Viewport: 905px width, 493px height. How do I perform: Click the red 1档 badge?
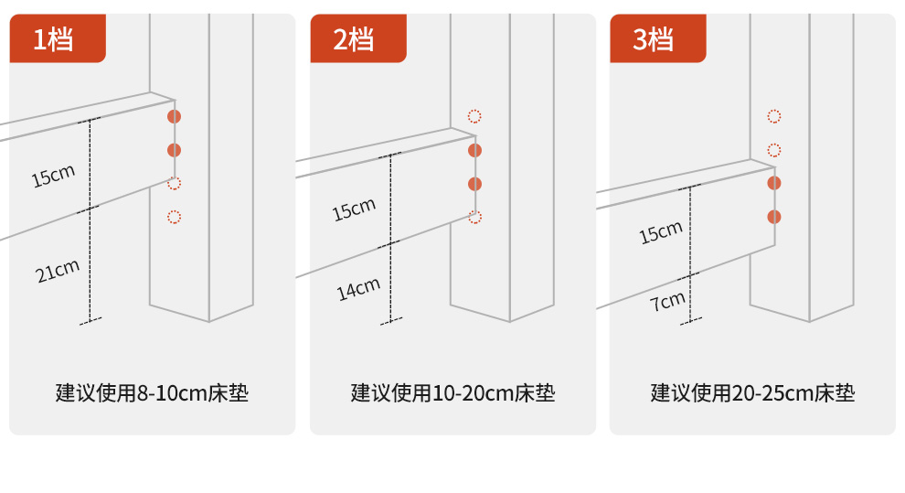58,38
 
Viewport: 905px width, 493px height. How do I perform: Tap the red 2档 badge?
358,38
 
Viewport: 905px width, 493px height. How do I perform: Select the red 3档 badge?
658,38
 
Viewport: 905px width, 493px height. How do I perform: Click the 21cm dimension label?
58,272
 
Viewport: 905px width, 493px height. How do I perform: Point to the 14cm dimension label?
358,289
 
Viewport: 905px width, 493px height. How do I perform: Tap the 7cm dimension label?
668,301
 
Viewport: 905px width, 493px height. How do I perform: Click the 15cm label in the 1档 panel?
53,176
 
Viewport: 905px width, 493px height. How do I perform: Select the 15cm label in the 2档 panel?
354,209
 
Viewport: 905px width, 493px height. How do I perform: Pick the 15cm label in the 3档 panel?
661,232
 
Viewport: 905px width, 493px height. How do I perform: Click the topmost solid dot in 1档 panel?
175,116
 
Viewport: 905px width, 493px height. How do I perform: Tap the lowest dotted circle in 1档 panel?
175,217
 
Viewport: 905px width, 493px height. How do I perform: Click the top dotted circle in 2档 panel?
474,116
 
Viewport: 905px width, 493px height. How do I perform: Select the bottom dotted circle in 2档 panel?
475,217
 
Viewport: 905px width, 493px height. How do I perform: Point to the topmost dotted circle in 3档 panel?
774,116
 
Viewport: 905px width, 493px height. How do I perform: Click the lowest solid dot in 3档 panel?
774,217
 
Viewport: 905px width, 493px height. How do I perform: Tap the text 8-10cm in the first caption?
172,393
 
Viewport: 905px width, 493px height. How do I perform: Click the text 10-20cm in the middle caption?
473,393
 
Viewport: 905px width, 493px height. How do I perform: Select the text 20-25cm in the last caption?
772,393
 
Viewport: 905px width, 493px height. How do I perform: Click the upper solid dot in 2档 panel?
475,151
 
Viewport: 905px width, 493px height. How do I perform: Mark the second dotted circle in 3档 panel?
774,151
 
